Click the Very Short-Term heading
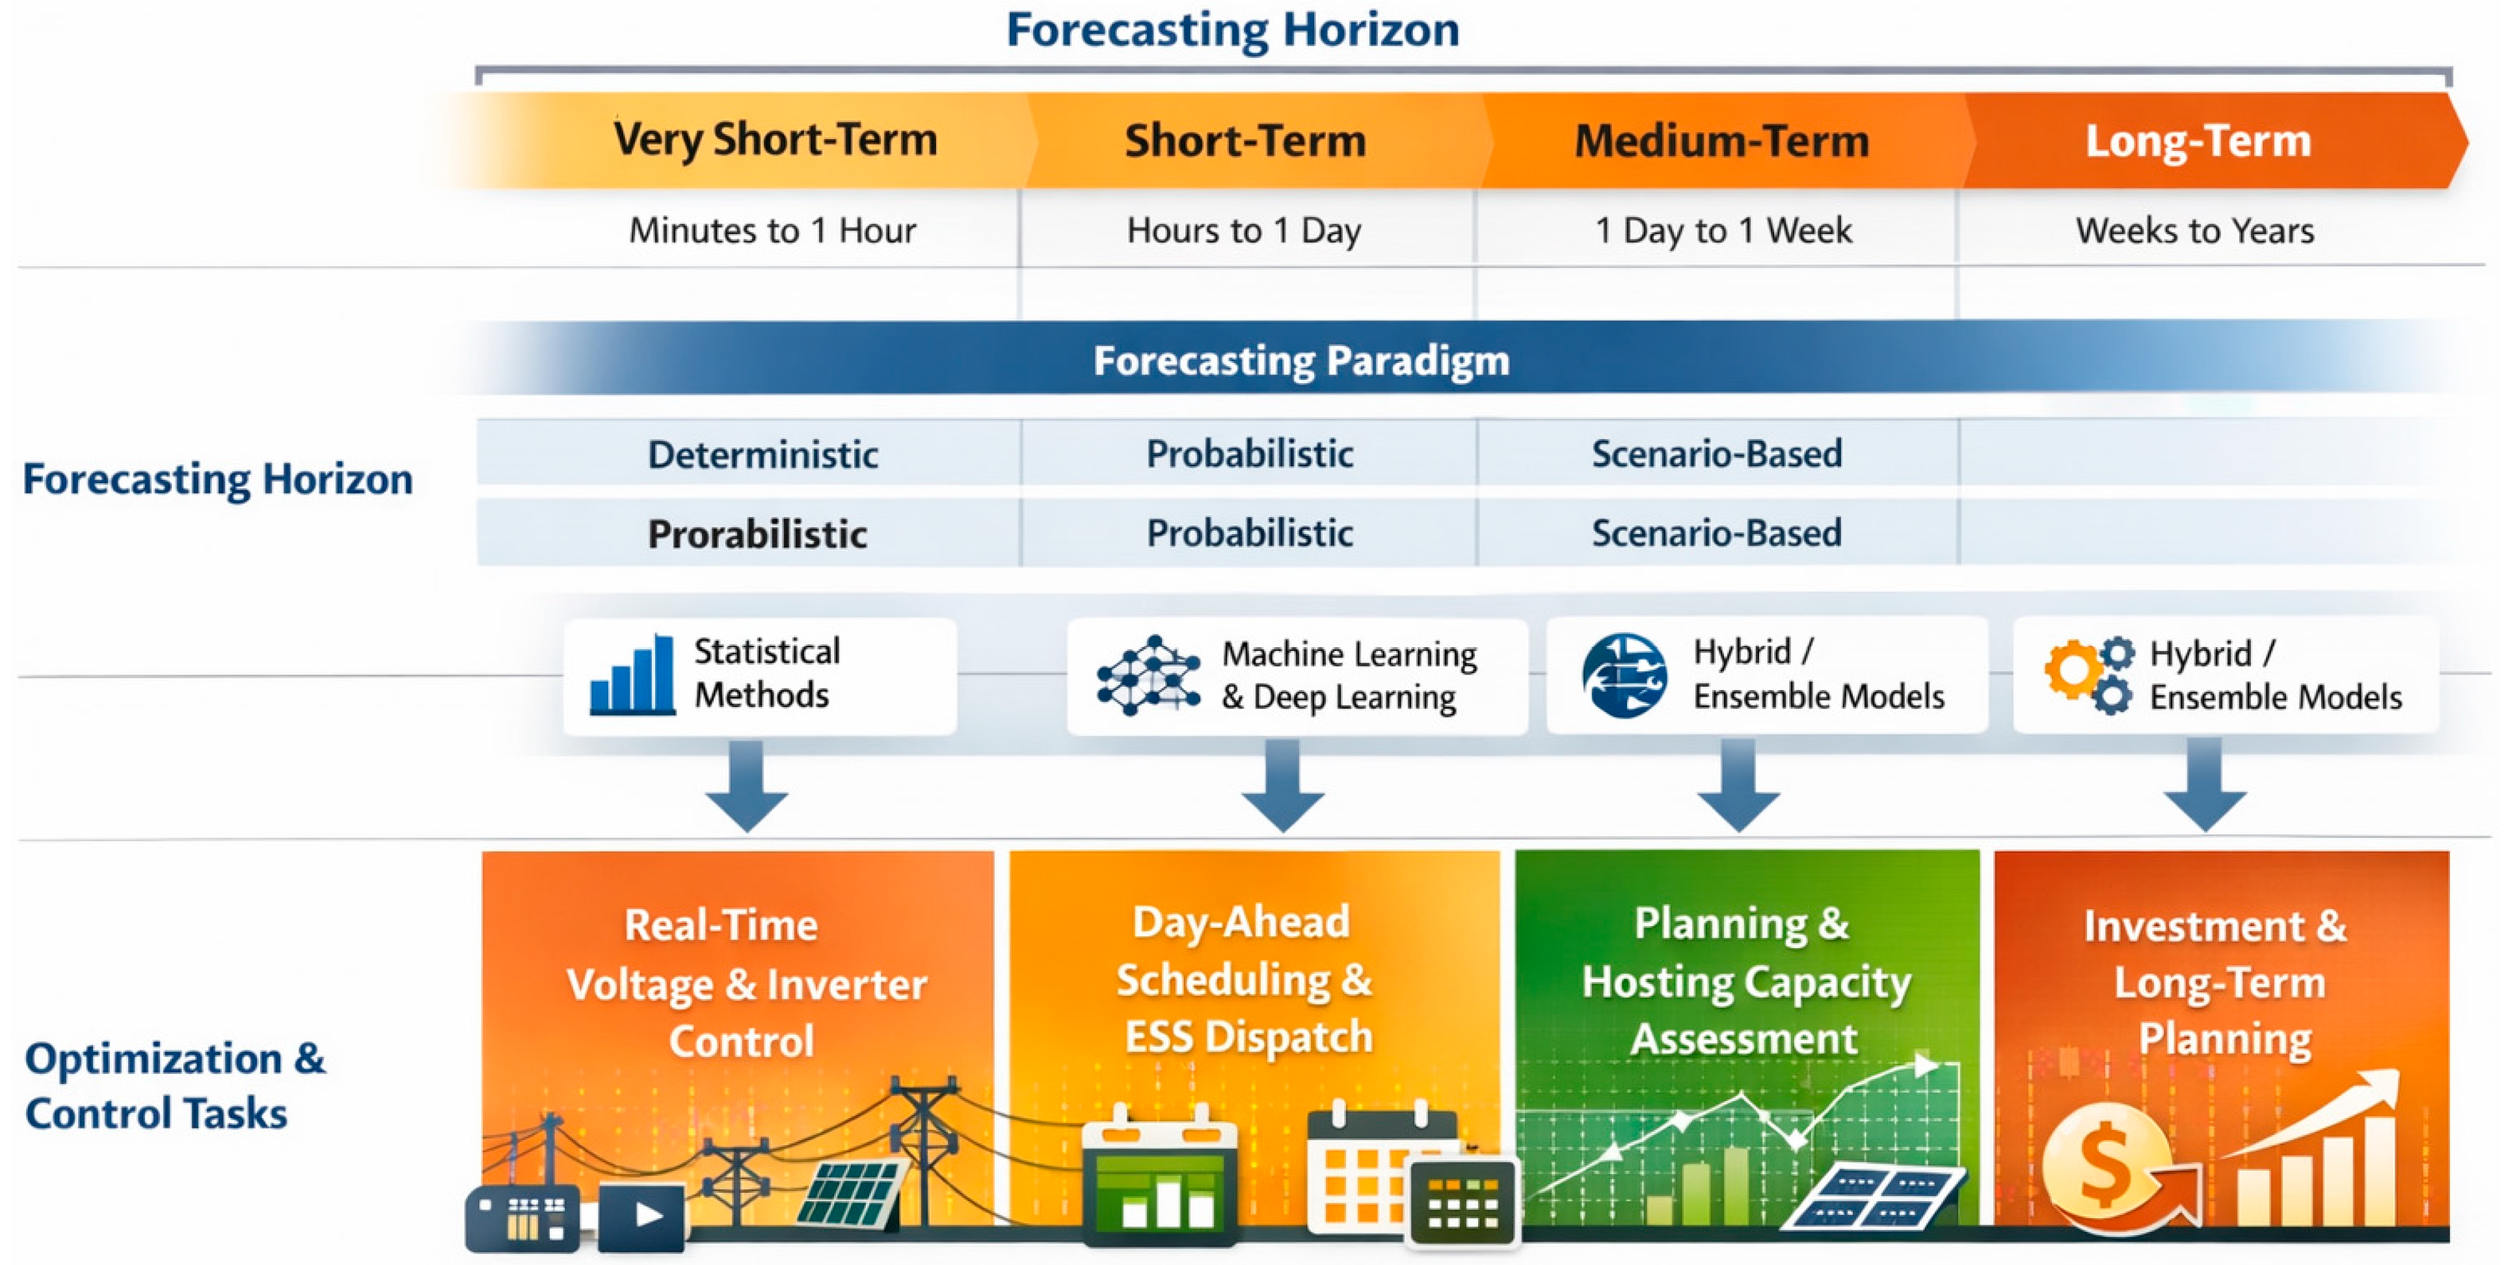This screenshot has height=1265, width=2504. (x=775, y=140)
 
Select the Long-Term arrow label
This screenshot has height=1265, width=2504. (x=2198, y=141)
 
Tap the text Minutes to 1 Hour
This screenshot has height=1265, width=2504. (x=773, y=230)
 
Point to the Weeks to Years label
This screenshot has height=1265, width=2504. (x=2195, y=230)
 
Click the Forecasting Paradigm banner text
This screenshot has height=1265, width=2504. (x=1302, y=360)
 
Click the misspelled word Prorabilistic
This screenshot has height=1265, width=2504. (x=757, y=533)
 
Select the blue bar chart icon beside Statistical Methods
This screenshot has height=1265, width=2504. (x=633, y=674)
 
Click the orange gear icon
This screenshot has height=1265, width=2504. (x=2071, y=669)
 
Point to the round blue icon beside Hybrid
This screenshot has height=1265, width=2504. (x=1624, y=675)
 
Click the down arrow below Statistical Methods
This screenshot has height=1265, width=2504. (x=747, y=785)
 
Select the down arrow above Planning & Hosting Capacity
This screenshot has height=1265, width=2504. (x=1738, y=785)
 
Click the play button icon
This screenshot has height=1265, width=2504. (x=641, y=1214)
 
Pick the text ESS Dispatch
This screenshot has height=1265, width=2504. (x=1249, y=1037)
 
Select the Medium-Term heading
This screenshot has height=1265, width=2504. (x=1721, y=141)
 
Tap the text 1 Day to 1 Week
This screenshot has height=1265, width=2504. (x=1723, y=230)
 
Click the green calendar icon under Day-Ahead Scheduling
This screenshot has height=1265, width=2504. (x=1160, y=1174)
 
